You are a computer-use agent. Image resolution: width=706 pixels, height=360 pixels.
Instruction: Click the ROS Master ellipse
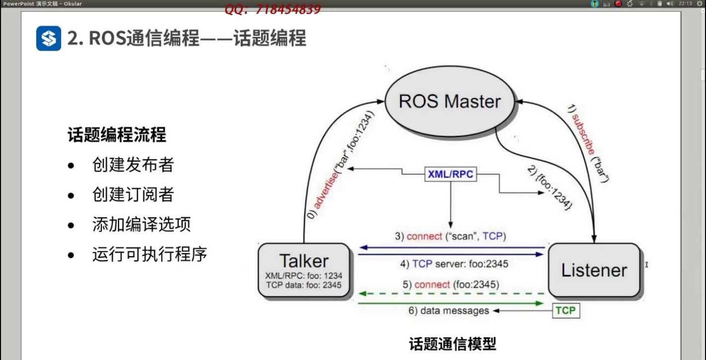tap(450, 101)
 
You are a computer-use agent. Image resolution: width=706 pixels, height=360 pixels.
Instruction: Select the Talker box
tap(304, 270)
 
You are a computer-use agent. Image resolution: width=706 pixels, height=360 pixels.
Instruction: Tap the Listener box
tap(594, 270)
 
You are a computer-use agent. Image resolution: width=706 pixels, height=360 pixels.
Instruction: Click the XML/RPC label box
tap(450, 174)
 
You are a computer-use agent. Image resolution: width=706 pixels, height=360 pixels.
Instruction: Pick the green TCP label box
tap(565, 310)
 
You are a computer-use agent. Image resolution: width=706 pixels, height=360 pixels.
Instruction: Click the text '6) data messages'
tap(448, 311)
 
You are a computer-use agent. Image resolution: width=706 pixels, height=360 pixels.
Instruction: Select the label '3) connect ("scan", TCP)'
tap(450, 236)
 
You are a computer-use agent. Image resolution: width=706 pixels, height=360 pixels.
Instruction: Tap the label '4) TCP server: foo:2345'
tap(454, 264)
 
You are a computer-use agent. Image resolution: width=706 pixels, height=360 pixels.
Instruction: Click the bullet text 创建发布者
tap(133, 165)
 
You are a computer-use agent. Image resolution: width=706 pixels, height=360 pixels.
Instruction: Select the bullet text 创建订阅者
tap(133, 195)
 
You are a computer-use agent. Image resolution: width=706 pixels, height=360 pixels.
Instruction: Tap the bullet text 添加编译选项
tap(141, 224)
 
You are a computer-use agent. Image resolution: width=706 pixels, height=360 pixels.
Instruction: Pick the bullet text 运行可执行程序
tap(149, 254)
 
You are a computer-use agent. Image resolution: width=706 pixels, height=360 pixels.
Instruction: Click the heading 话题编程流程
tap(117, 135)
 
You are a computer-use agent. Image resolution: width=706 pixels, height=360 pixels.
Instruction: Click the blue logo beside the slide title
tap(49, 38)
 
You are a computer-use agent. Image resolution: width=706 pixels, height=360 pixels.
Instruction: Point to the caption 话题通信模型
tap(452, 344)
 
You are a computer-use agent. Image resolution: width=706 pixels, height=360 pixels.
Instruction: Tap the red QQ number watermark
tap(273, 9)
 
